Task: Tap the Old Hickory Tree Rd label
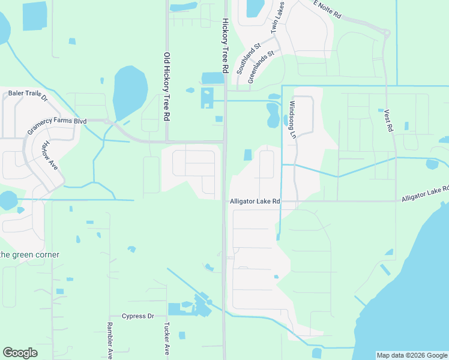pyautogui.click(x=167, y=86)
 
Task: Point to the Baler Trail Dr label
pyautogui.click(x=28, y=94)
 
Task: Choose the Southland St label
pyautogui.click(x=248, y=58)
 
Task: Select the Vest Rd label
pyautogui.click(x=388, y=121)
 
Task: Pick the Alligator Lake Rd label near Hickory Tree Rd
pyautogui.click(x=255, y=202)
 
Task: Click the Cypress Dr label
pyautogui.click(x=138, y=316)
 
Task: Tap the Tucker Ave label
pyautogui.click(x=166, y=340)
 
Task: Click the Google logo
pyautogui.click(x=20, y=353)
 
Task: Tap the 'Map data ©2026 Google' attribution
pyautogui.click(x=412, y=355)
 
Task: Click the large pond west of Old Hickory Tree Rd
pyautogui.click(x=129, y=91)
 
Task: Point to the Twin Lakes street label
pyautogui.click(x=277, y=18)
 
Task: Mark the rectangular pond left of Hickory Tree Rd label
pyautogui.click(x=212, y=78)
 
